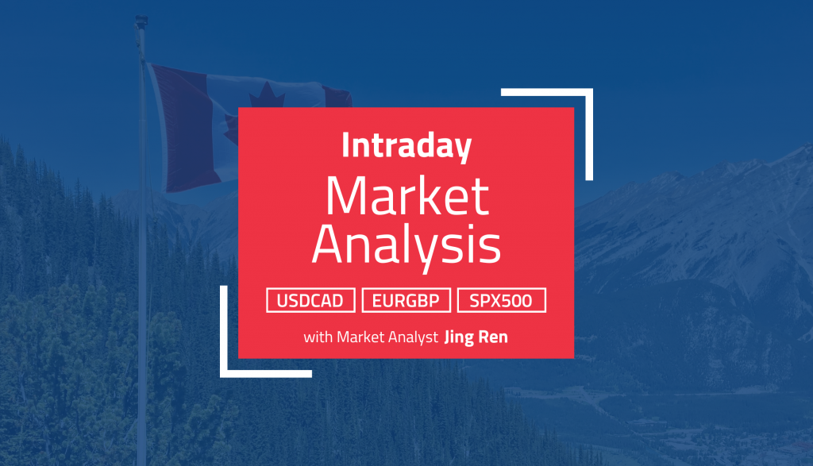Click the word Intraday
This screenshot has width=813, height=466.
click(406, 146)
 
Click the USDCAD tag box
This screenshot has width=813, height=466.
click(310, 301)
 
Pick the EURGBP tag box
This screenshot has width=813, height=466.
click(406, 301)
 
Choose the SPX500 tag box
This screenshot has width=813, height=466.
click(501, 301)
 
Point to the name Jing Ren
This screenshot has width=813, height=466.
click(477, 337)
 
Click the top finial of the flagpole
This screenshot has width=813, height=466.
click(142, 19)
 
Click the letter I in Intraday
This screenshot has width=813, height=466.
click(346, 146)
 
